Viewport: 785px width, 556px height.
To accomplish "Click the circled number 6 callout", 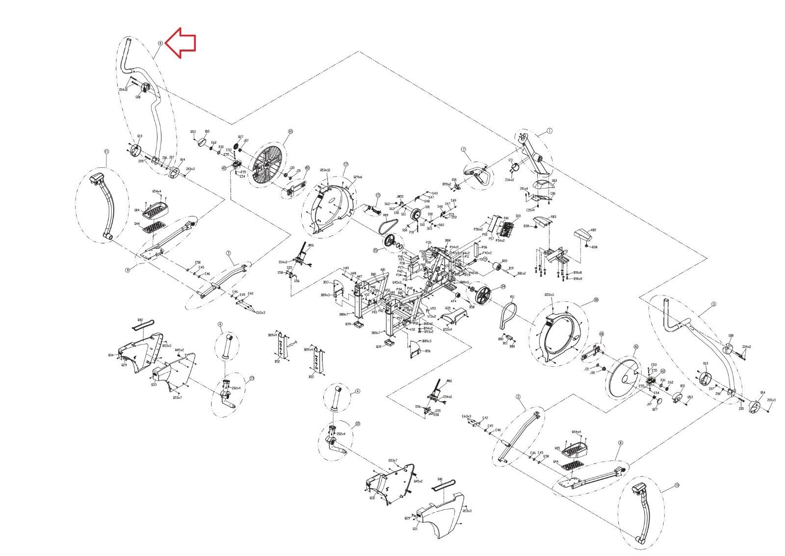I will [x=160, y=43].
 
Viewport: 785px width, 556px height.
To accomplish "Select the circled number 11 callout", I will [x=106, y=152].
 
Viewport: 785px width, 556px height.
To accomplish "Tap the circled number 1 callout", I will [x=550, y=131].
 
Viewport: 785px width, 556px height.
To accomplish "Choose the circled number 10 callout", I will [x=677, y=485].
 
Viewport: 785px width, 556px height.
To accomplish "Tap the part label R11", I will [x=512, y=297].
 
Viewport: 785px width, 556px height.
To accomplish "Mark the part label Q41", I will [x=440, y=478].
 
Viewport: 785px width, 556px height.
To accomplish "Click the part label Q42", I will [x=140, y=320].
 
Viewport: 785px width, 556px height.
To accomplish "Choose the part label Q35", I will [x=447, y=308].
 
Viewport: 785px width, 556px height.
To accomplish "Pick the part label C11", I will [x=510, y=160].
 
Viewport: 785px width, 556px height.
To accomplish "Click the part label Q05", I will [x=557, y=448].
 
